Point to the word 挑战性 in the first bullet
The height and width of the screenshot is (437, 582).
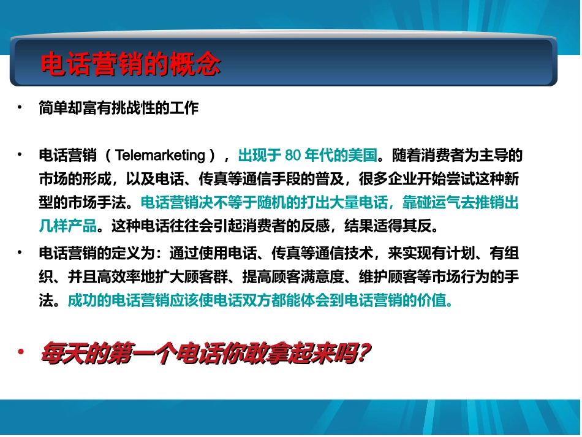coord(140,108)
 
